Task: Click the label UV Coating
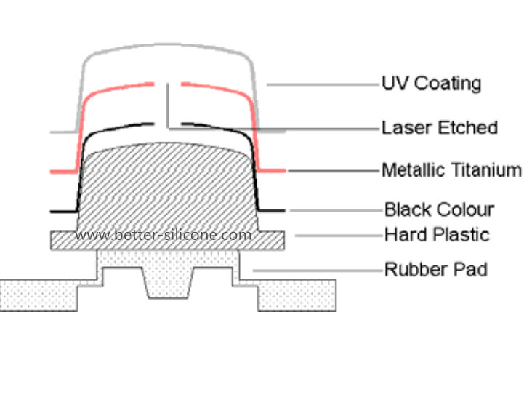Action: pyautogui.click(x=431, y=83)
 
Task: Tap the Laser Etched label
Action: pyautogui.click(x=440, y=128)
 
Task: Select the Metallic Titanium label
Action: pyautogui.click(x=451, y=170)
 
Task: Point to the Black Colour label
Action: pyautogui.click(x=439, y=210)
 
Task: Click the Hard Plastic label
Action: pyautogui.click(x=437, y=235)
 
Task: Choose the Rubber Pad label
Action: pyautogui.click(x=435, y=270)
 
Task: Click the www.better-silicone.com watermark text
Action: pyautogui.click(x=163, y=236)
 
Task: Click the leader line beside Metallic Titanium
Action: pyautogui.click(x=334, y=171)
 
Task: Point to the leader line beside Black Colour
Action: pyautogui.click(x=334, y=211)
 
